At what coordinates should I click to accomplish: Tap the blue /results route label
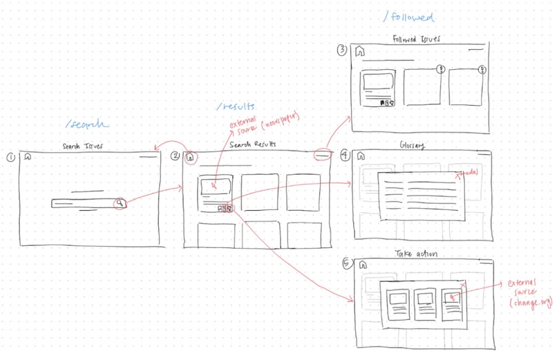235,106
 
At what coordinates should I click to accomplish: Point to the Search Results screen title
253,145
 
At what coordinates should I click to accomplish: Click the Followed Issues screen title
417,39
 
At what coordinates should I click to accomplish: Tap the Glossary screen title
411,145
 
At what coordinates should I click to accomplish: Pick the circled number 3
342,50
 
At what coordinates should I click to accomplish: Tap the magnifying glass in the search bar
120,203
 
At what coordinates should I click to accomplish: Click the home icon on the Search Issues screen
28,157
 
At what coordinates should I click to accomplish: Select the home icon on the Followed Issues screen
359,51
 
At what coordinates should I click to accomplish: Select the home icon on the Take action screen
361,265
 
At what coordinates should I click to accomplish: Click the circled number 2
176,157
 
